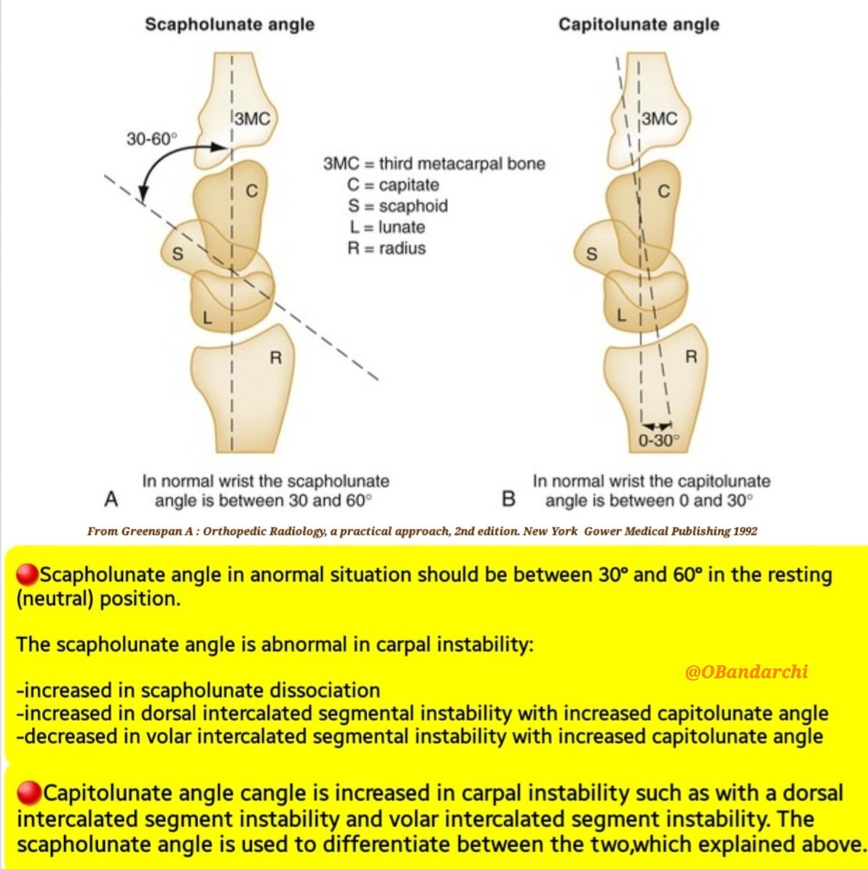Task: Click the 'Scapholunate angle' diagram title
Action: point(229,24)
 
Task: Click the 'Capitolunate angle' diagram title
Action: point(639,24)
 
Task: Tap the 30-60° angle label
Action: point(151,138)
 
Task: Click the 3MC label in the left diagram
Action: point(252,119)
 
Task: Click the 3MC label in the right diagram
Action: point(659,119)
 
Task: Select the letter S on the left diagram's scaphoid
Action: point(177,254)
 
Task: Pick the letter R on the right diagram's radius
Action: point(691,357)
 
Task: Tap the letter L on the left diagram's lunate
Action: point(208,317)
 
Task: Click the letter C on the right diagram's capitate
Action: point(663,191)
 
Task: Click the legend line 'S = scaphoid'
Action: point(397,206)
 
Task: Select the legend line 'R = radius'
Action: point(386,248)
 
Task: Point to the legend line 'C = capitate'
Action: point(392,185)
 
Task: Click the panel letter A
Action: point(111,499)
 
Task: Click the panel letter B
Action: point(508,499)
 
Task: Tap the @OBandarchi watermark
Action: point(746,671)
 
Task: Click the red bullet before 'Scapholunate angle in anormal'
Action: point(27,575)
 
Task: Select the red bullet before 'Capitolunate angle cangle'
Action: point(28,793)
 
